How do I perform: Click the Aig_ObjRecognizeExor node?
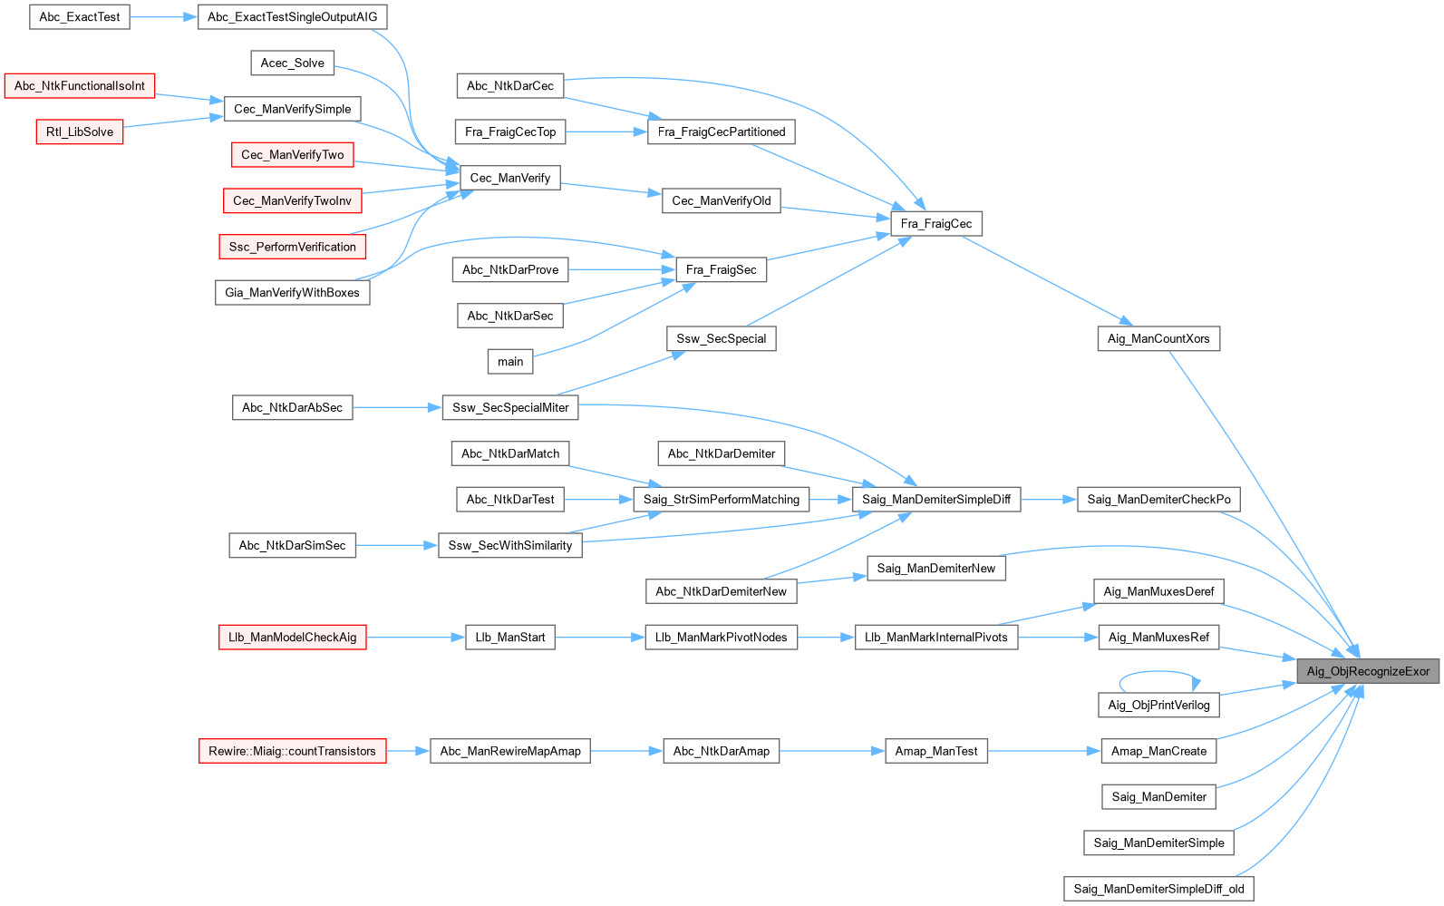[x=1367, y=671]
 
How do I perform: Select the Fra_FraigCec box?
[x=935, y=223]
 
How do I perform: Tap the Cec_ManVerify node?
[x=509, y=178]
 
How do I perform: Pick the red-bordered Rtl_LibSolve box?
[x=80, y=132]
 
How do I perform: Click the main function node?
[x=510, y=361]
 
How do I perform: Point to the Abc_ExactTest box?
[x=80, y=16]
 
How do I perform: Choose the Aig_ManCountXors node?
[x=1158, y=338]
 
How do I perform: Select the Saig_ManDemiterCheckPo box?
[x=1158, y=499]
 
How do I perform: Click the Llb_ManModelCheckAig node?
[x=292, y=637]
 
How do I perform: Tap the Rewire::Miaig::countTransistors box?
[x=292, y=751]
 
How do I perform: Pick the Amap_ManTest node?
[x=935, y=751]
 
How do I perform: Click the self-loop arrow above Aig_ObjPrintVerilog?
[x=1159, y=673]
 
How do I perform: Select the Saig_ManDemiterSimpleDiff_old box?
[x=1158, y=889]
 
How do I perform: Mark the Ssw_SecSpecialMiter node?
[x=510, y=407]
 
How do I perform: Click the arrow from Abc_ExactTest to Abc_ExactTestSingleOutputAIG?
[x=164, y=16]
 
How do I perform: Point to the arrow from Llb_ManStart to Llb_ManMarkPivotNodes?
[x=599, y=637]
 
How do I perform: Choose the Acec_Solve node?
[x=292, y=63]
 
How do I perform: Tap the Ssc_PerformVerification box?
[x=292, y=247]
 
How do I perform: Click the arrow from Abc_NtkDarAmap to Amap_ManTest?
[x=831, y=751]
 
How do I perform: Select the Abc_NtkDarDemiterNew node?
[x=721, y=591]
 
